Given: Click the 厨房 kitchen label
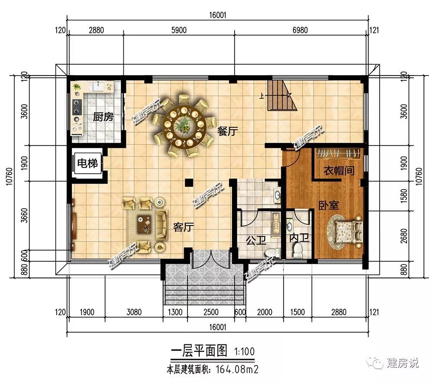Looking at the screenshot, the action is point(103,117).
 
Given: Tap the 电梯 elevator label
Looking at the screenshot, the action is point(87,163).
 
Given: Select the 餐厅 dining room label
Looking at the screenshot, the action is point(227,131).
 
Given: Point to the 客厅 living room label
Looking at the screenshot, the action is point(183,227).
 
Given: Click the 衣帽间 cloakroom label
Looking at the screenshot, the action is point(339,171).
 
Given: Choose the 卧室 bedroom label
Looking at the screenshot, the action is point(328,205).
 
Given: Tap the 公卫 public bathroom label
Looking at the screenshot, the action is point(256,240).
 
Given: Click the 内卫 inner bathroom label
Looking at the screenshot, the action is point(299,238).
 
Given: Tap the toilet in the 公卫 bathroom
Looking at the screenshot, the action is point(271,252).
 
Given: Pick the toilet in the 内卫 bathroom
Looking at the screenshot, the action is point(298,249).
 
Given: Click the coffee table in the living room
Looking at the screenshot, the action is point(145,224).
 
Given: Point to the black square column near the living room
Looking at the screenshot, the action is point(189,182).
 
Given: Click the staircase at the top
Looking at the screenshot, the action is point(281,95).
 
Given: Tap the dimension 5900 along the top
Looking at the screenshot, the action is point(179,30).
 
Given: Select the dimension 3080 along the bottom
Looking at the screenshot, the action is point(134,312).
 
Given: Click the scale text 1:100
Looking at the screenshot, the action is point(244,351).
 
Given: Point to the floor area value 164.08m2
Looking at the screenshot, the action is point(237,369).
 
